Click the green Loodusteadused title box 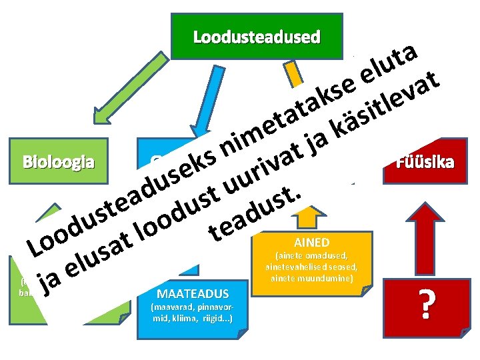click(x=257, y=37)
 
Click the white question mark click(x=427, y=303)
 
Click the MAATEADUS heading click(x=192, y=293)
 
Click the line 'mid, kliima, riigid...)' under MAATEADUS click(x=192, y=318)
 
